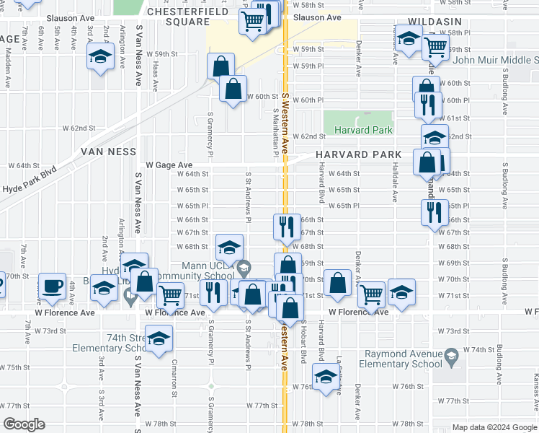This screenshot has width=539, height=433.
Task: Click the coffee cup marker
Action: [52, 284]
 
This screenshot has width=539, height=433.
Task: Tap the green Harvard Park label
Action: [362, 130]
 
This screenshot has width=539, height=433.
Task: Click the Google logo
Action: [24, 424]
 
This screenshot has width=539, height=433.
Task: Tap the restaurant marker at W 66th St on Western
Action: [287, 226]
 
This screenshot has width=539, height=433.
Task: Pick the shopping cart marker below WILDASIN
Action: [435, 48]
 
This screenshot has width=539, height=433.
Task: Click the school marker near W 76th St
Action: [326, 376]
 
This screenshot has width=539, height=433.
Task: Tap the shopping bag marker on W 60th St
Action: [233, 89]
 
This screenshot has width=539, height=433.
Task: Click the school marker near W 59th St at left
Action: [100, 56]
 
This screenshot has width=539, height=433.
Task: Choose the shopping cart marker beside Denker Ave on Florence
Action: [371, 293]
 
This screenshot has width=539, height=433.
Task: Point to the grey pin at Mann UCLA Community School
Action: [244, 268]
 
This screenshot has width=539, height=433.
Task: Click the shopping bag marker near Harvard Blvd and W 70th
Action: [337, 283]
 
